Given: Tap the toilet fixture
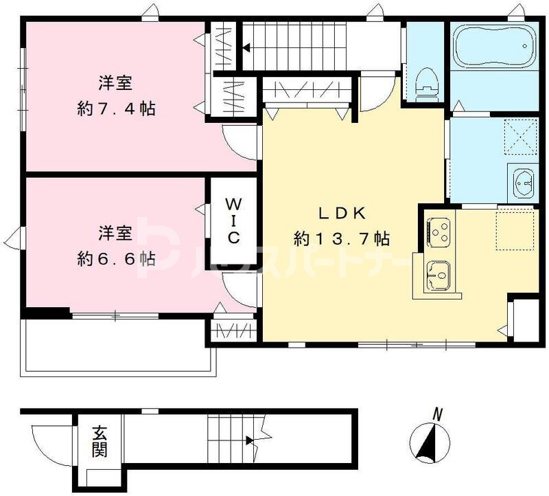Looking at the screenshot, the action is pyautogui.click(x=426, y=83).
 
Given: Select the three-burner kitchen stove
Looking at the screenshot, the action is pyautogui.click(x=439, y=231).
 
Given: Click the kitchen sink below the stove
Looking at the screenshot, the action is pyautogui.click(x=438, y=275).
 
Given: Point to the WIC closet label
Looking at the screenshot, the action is pyautogui.click(x=233, y=221).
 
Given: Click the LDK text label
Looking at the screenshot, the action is pyautogui.click(x=342, y=213).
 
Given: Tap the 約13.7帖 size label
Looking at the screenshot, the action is pyautogui.click(x=342, y=239).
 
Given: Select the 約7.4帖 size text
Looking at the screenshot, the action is pyautogui.click(x=116, y=109).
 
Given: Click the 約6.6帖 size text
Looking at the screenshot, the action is pyautogui.click(x=116, y=260).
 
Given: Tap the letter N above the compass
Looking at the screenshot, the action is pyautogui.click(x=436, y=415).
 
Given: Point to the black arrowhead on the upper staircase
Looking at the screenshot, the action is pyautogui.click(x=246, y=47).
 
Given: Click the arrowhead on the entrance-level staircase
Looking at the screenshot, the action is pyautogui.click(x=250, y=440).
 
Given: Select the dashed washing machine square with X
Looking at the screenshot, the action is pyautogui.click(x=521, y=137).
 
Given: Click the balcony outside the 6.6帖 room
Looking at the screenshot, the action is pyautogui.click(x=119, y=346).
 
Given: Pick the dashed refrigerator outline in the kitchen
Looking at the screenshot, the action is pyautogui.click(x=515, y=229).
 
